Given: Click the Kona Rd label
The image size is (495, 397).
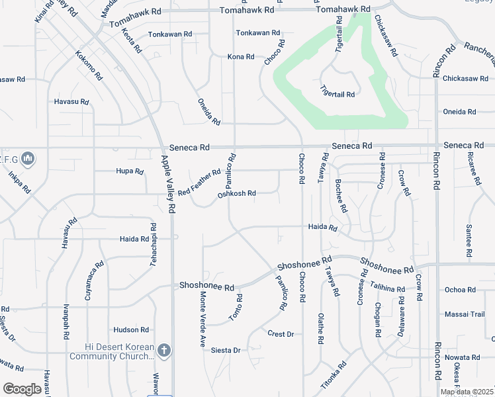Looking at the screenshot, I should click(x=241, y=57).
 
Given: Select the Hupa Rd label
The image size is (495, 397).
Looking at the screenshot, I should click(x=130, y=171).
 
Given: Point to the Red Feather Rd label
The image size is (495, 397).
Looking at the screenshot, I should click(x=199, y=181).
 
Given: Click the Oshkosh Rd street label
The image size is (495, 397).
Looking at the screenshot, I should click(x=236, y=194).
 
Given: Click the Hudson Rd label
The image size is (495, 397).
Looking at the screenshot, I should click(x=131, y=330).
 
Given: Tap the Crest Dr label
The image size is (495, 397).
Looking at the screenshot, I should click(x=281, y=334).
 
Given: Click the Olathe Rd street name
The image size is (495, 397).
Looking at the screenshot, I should click(x=321, y=329).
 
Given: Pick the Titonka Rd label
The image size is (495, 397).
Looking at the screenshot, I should click(x=334, y=375).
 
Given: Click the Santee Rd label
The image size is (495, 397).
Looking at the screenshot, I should click(x=469, y=240).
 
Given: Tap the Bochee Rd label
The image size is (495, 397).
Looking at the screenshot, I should click(x=341, y=197).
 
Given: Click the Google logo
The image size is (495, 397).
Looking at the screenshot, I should click(x=22, y=389).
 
